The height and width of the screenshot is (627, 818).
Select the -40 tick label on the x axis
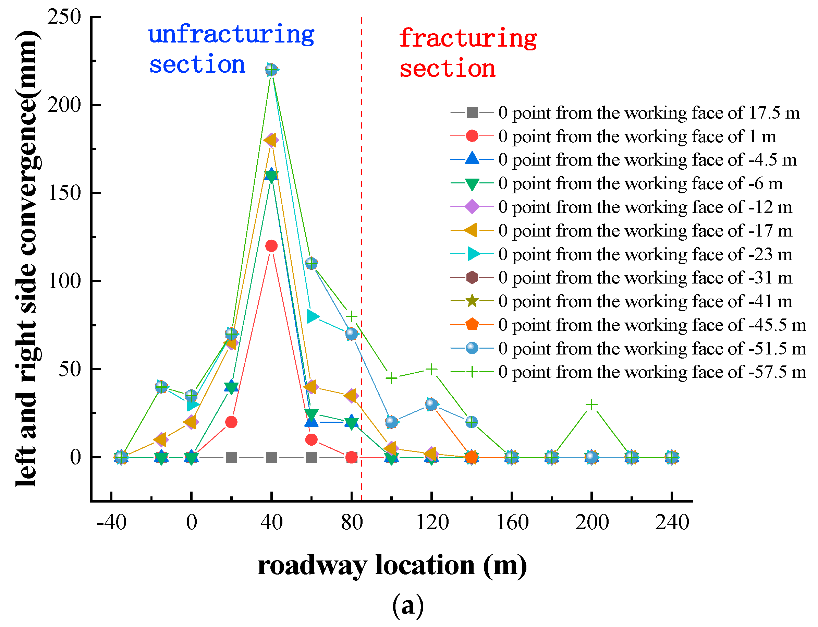(111, 522)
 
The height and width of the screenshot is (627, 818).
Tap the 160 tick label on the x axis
(512, 522)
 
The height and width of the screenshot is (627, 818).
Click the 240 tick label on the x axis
(672, 522)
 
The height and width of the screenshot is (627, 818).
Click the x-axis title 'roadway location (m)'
(392, 566)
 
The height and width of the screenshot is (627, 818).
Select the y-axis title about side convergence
(27, 258)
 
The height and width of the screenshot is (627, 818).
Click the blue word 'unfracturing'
(231, 35)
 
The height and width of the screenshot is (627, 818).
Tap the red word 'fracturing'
(468, 38)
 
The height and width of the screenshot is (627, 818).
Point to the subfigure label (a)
(408, 605)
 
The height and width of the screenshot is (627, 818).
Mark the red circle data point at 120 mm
(271, 246)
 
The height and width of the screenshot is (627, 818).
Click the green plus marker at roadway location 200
(591, 405)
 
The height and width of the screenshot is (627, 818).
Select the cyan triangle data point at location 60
(312, 316)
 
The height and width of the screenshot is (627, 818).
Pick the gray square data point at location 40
(271, 457)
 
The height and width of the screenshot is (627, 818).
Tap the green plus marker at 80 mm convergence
(351, 316)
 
